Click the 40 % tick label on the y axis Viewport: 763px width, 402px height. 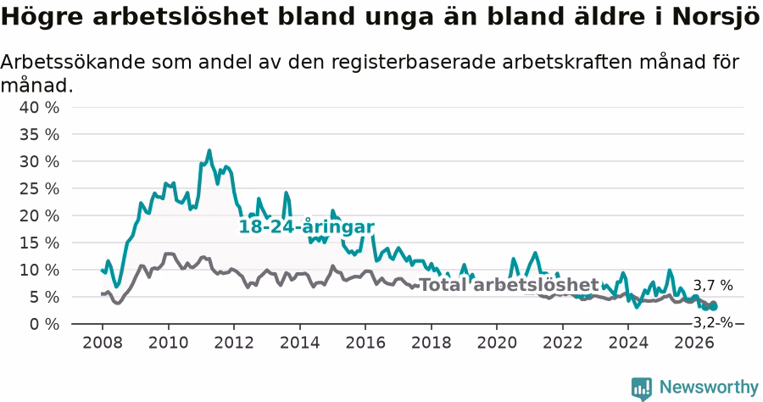(39, 107)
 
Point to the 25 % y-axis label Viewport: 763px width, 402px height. (39, 188)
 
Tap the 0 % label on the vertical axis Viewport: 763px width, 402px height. (44, 324)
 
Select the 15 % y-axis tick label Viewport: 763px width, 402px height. (39, 243)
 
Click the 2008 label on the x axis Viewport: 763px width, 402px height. (103, 343)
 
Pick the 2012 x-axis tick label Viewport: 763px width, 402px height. (234, 343)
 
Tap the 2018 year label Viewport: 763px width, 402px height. (432, 343)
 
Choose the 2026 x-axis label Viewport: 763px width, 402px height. (694, 343)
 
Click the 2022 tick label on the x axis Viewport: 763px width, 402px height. (563, 343)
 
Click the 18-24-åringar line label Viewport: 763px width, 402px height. (307, 226)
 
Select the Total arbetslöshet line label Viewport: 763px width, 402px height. (509, 285)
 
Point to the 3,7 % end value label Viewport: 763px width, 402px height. (713, 286)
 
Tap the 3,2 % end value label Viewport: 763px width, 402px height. (713, 322)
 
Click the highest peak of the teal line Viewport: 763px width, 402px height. (209, 150)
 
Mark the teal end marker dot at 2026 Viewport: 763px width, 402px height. (714, 307)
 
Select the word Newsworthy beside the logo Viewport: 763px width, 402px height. (709, 388)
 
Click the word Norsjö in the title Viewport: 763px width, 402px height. (716, 17)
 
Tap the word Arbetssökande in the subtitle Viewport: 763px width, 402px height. (73, 62)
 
